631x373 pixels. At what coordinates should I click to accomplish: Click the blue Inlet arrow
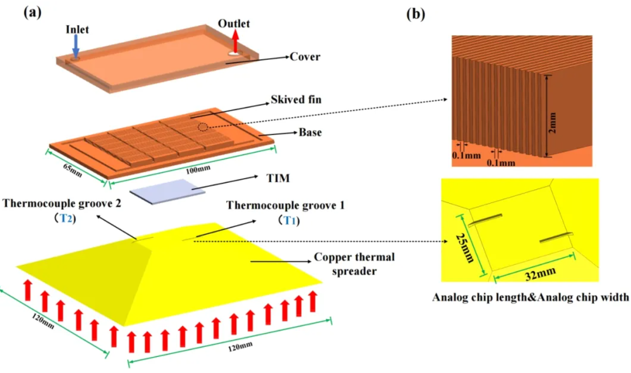pos(75,46)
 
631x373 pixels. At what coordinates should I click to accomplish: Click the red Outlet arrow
pos(235,39)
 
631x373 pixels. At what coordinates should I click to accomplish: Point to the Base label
pos(310,132)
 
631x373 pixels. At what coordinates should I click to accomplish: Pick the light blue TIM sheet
pos(168,191)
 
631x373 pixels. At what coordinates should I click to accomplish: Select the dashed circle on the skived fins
pos(203,127)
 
